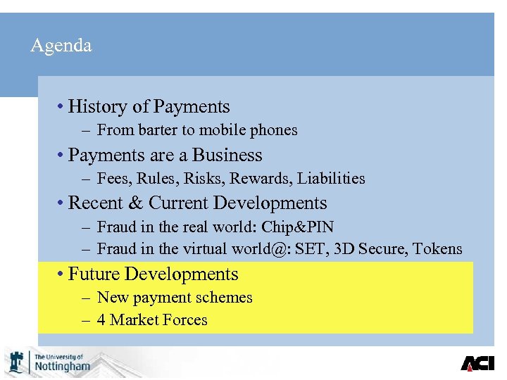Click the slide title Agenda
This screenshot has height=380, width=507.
(61, 46)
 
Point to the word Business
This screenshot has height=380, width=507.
(227, 156)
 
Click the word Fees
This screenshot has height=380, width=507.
(113, 179)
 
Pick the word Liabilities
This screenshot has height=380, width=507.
(331, 179)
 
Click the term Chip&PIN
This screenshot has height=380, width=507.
(298, 227)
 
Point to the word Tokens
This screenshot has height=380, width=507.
(437, 249)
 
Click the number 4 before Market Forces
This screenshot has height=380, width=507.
(101, 320)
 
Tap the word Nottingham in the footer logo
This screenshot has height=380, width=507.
(63, 367)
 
